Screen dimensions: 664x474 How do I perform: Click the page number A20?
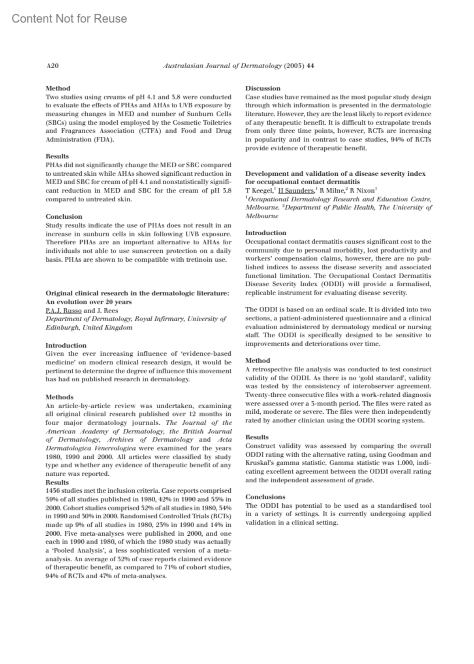click(53, 66)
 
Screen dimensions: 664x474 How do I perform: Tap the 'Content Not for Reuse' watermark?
click(70, 19)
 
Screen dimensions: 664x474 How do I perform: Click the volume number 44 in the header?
click(310, 66)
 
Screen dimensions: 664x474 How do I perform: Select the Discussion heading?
click(263, 88)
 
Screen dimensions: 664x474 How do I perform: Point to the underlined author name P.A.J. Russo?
click(64, 311)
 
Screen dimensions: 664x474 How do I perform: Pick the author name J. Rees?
click(107, 311)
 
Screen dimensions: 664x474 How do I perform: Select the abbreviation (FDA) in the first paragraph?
click(103, 140)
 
